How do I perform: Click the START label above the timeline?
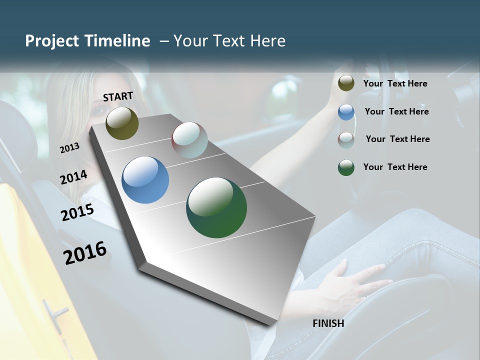coord(118,96)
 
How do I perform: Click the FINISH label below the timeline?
coord(328,323)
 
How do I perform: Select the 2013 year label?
coord(70,147)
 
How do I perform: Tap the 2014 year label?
coord(74,177)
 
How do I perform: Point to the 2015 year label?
coord(77,212)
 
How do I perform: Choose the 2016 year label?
coord(85,253)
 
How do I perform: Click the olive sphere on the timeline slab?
coord(122,123)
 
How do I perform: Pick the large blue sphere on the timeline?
coord(145,180)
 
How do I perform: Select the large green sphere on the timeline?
coord(216,207)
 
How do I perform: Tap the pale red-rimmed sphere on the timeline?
coord(189,139)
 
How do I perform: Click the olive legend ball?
coord(346,83)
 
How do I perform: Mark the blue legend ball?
coord(346,112)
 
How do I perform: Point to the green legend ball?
coord(346,167)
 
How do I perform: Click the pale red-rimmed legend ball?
coord(346,140)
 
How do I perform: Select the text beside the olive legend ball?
coord(395,83)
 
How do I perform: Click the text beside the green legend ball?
coord(395,167)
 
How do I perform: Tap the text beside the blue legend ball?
coord(396,111)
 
